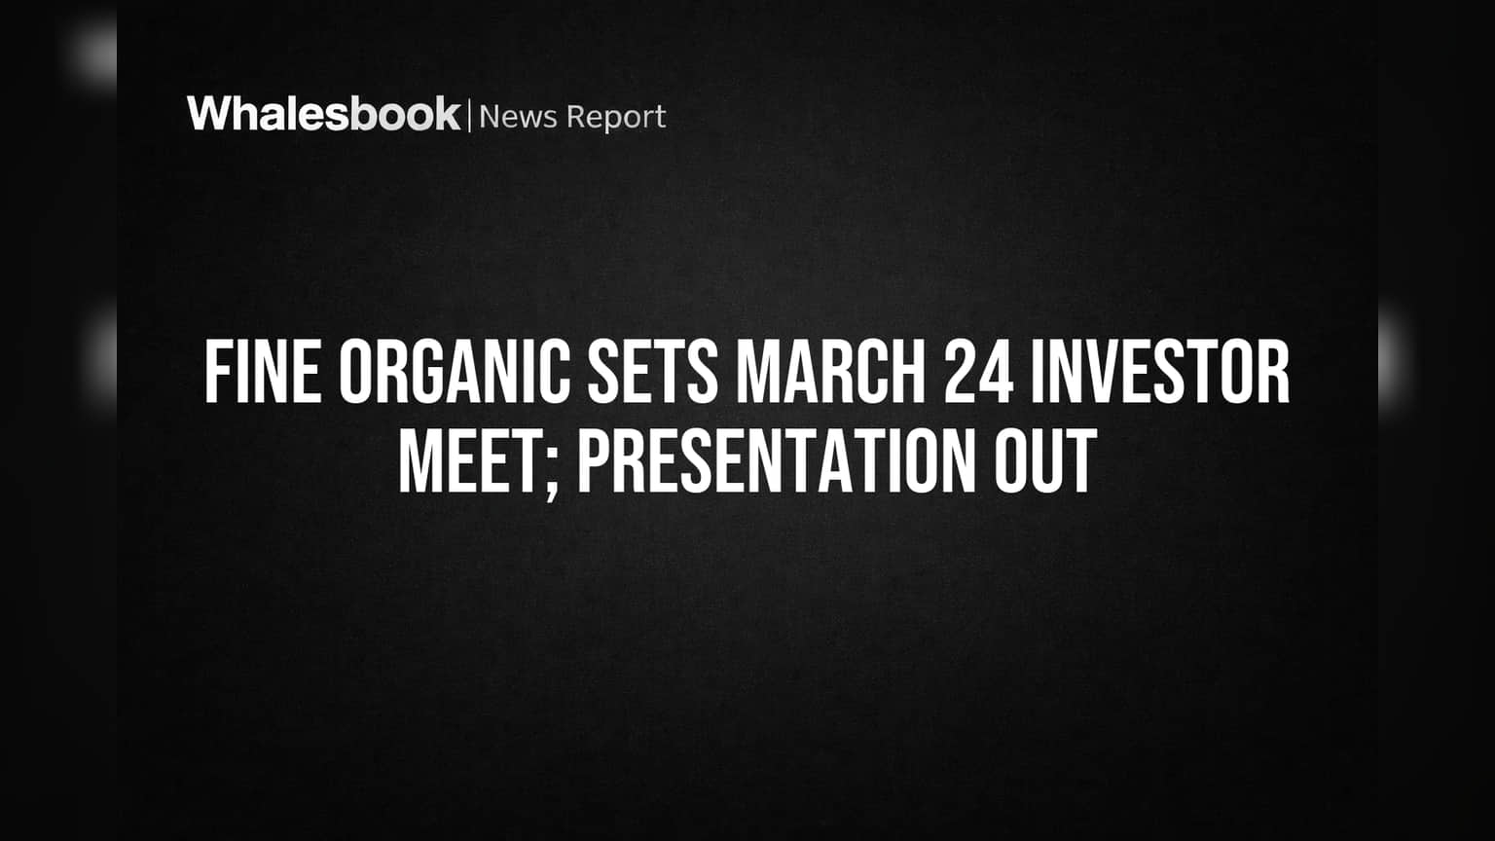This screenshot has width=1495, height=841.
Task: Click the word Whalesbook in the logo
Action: click(x=324, y=114)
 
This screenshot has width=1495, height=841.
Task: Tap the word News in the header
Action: click(x=518, y=117)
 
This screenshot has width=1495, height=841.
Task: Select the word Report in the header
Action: click(x=616, y=118)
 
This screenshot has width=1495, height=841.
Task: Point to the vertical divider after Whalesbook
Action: click(x=470, y=116)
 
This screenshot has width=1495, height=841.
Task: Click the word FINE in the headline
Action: click(x=262, y=372)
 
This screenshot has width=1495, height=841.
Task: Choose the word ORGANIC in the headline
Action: click(x=456, y=372)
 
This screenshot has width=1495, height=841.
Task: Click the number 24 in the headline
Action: click(x=978, y=372)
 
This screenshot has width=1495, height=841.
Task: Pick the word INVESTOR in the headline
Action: click(x=1160, y=372)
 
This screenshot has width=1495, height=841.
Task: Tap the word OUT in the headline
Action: click(x=1045, y=460)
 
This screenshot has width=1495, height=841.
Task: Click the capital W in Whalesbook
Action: click(x=209, y=114)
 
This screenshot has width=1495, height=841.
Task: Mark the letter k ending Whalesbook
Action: click(x=447, y=113)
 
